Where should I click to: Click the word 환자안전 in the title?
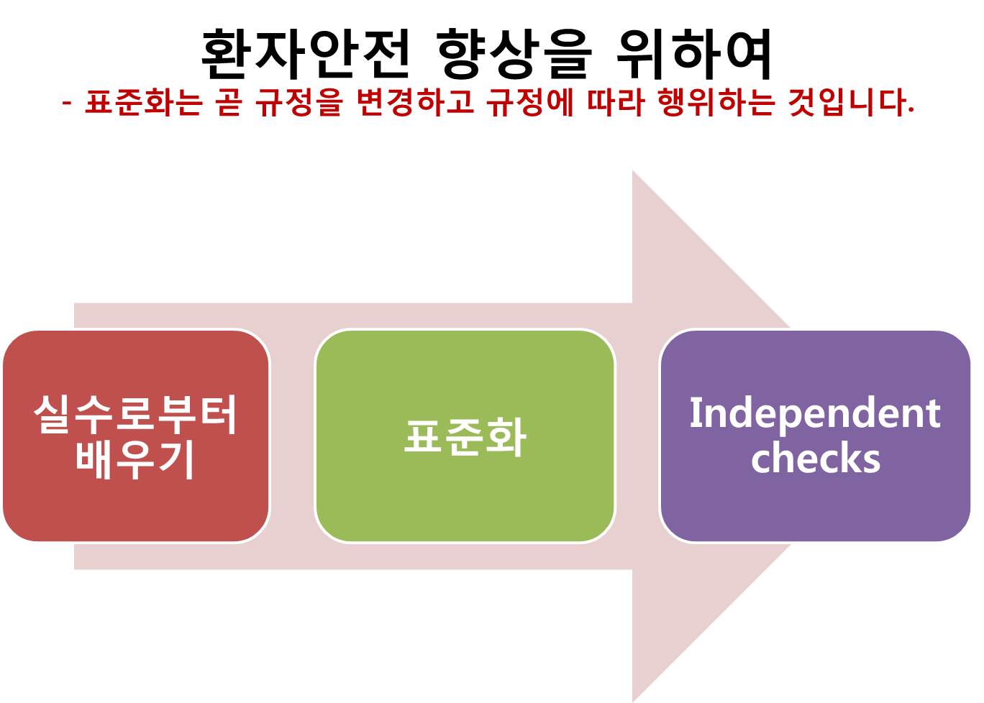click(x=304, y=54)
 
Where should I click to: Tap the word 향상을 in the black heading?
click(x=514, y=54)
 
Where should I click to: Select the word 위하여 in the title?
click(x=693, y=54)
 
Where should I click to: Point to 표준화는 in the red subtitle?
click(x=144, y=102)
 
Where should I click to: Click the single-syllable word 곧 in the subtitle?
click(x=229, y=102)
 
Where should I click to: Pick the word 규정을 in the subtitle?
click(x=299, y=102)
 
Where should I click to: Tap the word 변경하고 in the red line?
click(x=415, y=102)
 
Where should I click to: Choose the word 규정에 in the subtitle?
click(x=530, y=102)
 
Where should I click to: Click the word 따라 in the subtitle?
click(x=616, y=102)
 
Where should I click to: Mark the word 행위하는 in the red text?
click(x=716, y=102)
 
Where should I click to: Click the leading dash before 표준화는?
click(x=67, y=104)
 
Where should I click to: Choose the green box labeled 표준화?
click(x=465, y=436)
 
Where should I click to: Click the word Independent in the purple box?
click(x=815, y=413)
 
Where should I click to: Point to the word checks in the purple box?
click(x=816, y=459)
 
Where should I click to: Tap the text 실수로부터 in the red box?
click(x=135, y=415)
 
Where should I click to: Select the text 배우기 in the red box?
click(x=135, y=460)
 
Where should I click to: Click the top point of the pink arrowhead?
click(x=632, y=170)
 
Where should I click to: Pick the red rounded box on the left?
click(x=136, y=436)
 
